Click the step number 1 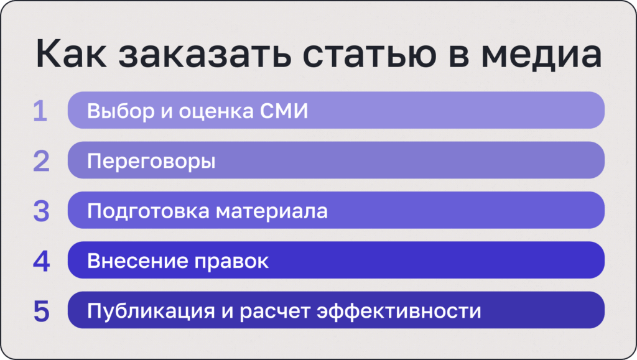pyautogui.click(x=40, y=111)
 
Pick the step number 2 pyautogui.click(x=41, y=161)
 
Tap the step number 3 pyautogui.click(x=41, y=211)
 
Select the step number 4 pyautogui.click(x=41, y=261)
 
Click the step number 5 pyautogui.click(x=41, y=311)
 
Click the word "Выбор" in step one pyautogui.click(x=118, y=111)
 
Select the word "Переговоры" pyautogui.click(x=151, y=162)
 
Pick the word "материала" pyautogui.click(x=271, y=211)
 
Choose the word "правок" pyautogui.click(x=231, y=261)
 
